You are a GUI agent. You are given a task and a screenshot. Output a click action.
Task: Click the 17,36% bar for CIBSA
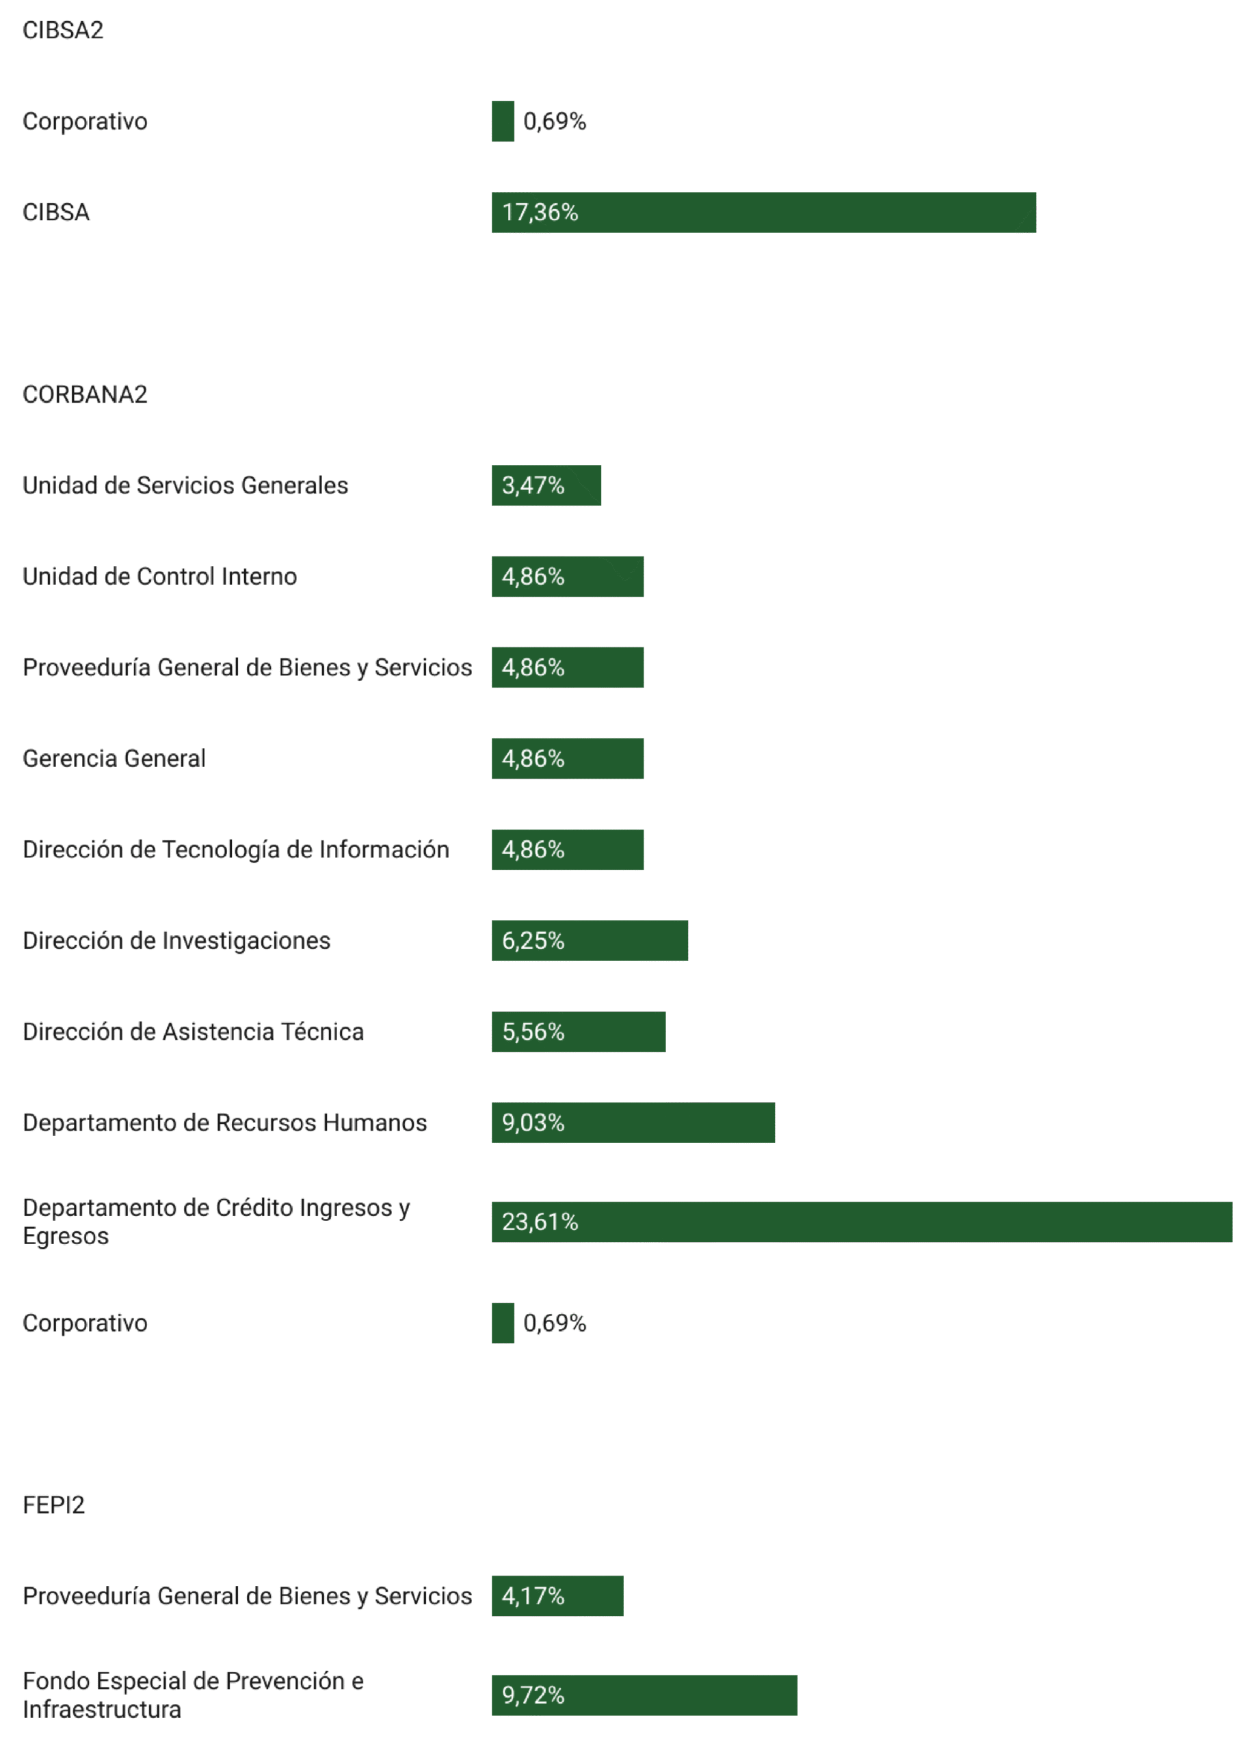763,212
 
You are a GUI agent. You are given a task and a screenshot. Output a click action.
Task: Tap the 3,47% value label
533,485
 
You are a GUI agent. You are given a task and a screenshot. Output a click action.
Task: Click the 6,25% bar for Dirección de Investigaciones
590,941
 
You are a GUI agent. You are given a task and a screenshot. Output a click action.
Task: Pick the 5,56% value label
533,1032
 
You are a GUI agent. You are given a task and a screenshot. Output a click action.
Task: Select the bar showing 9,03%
633,1122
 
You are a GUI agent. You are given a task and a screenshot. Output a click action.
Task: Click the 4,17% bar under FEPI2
557,1596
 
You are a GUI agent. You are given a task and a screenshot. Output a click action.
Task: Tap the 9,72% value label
533,1695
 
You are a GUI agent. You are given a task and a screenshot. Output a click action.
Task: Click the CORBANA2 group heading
85,394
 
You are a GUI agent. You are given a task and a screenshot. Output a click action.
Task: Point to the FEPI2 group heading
53,1505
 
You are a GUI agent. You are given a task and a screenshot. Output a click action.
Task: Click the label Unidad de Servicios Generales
185,485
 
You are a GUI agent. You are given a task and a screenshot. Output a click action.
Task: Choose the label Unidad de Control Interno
160,576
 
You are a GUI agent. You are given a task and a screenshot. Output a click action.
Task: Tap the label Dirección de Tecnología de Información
236,850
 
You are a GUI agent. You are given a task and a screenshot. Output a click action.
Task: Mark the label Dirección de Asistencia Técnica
193,1032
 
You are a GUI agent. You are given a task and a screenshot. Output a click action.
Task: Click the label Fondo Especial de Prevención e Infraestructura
193,1695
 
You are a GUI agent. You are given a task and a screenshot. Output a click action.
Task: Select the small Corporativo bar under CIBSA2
503,121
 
